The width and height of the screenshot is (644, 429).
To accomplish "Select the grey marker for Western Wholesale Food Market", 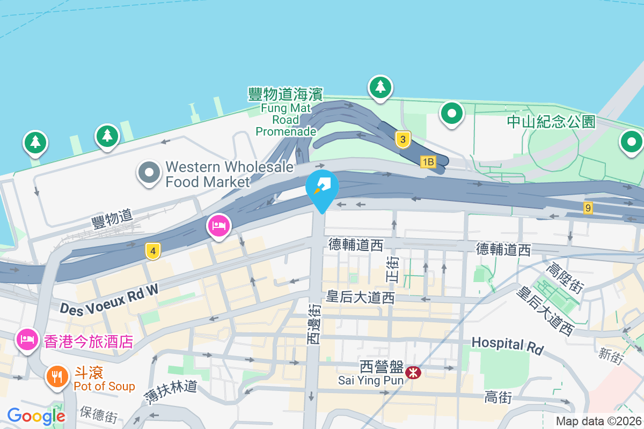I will point(149,173).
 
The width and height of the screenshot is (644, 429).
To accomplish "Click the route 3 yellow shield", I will point(403,140).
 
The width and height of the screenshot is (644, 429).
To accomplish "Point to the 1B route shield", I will point(428,161).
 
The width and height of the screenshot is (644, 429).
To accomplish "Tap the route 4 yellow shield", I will point(153,250).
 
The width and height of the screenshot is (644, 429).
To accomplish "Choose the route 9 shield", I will point(588,207).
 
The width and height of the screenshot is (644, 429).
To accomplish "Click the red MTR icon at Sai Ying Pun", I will point(413,372).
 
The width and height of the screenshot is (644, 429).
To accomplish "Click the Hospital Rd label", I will point(507,345).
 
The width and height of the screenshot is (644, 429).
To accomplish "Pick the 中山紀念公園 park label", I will point(551,122).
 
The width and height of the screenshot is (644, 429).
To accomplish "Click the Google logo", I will point(36,416).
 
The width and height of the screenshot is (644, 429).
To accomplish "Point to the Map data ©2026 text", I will point(598,421).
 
